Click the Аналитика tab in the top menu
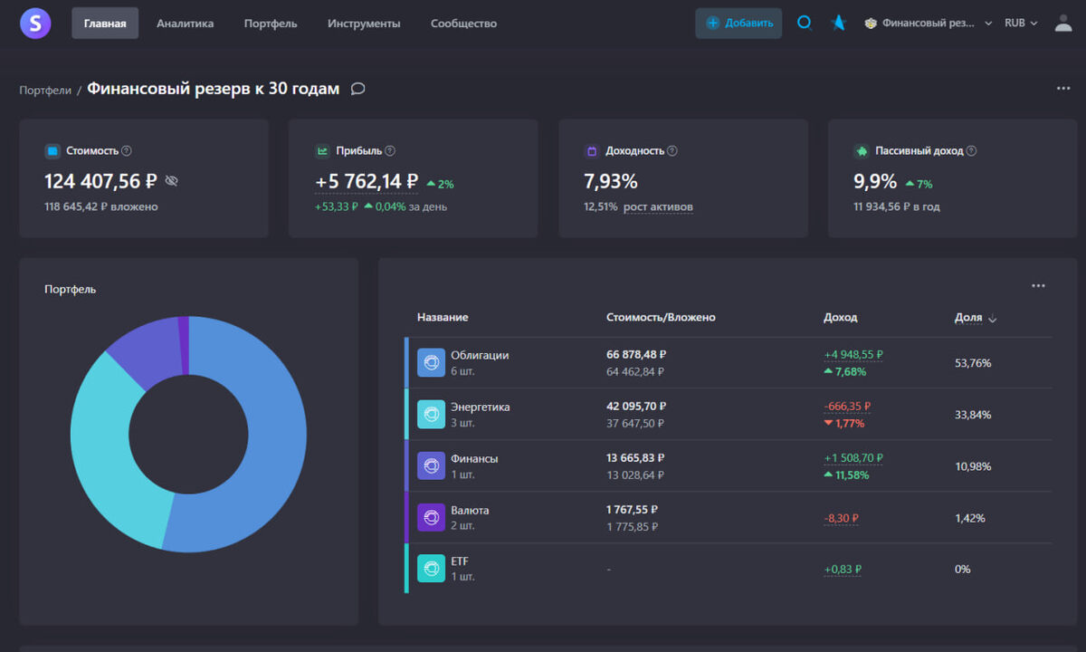[x=185, y=24]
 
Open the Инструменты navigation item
[x=364, y=24]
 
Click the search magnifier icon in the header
[x=804, y=23]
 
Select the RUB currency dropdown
[x=1021, y=23]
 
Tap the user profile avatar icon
[x=1063, y=23]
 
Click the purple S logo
[x=35, y=23]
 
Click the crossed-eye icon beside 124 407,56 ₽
[x=172, y=181]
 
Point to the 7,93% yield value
[x=611, y=181]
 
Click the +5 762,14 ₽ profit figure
[x=367, y=181]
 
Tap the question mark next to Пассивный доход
[x=971, y=151]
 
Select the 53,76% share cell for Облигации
[x=973, y=363]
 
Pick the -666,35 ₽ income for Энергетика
[x=847, y=407]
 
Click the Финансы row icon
[x=431, y=465]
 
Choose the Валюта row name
[x=470, y=511]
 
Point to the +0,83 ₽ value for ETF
[x=842, y=570]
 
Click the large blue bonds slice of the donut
[x=271, y=453]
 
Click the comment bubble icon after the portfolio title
[x=357, y=89]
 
